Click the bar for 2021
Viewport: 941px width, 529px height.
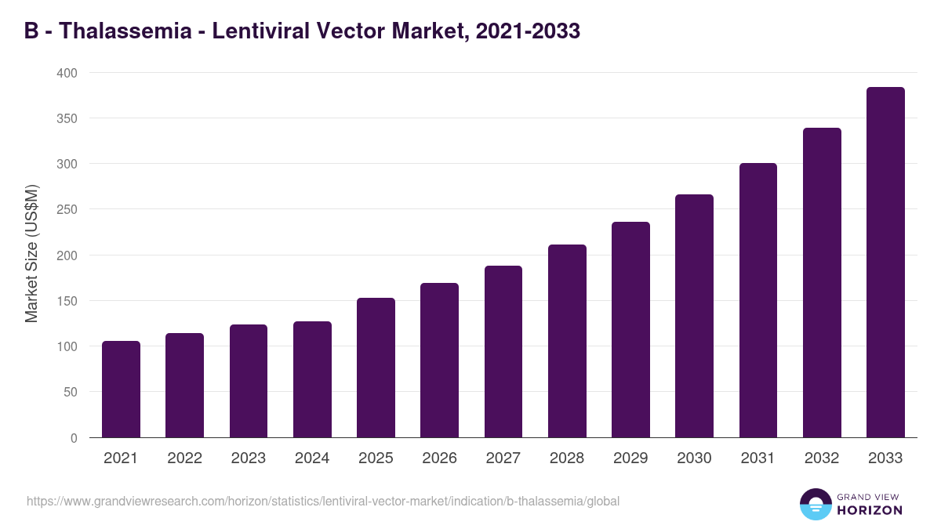[121, 390]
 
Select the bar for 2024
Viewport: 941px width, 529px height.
[312, 379]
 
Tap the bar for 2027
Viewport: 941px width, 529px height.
[503, 352]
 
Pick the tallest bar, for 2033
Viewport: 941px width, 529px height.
[885, 263]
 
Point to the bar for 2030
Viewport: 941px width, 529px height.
[694, 316]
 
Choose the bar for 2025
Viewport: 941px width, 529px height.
[376, 368]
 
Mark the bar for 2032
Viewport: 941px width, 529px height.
[822, 283]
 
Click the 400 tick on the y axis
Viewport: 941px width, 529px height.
[67, 73]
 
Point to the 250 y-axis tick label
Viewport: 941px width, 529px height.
[67, 209]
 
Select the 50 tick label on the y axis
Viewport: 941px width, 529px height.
[71, 392]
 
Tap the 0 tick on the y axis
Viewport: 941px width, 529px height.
[74, 438]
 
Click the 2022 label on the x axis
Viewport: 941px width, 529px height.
[184, 458]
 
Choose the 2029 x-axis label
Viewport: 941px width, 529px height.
[630, 458]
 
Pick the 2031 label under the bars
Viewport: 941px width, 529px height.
[758, 458]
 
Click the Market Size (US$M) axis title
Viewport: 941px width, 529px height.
[31, 254]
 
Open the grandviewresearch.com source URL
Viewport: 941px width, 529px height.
[322, 501]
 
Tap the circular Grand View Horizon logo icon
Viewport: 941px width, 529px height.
[815, 504]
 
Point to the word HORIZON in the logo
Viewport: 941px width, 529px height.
[869, 510]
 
